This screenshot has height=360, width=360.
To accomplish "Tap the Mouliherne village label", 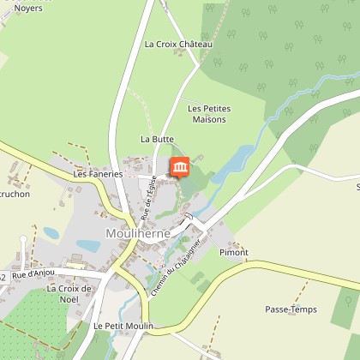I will coord(137,232).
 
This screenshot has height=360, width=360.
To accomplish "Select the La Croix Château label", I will coord(178,44).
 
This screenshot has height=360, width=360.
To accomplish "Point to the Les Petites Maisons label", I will coord(207,114).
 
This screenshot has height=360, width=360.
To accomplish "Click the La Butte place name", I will coord(157,138).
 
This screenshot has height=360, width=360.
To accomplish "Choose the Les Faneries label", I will coord(99,173).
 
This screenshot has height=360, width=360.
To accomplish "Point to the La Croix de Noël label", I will coord(69,293).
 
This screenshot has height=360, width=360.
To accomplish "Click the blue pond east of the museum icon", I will coord(226,162).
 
